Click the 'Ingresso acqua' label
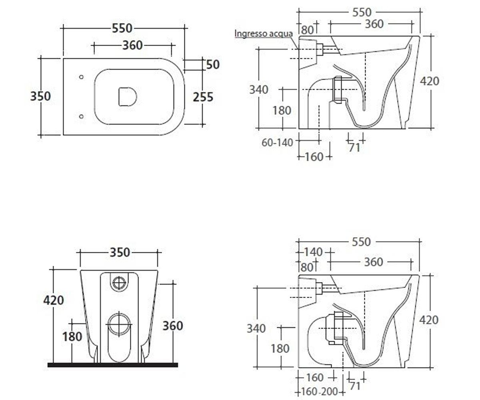[x=264, y=34]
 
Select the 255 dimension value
[x=203, y=97]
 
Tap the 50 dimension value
[x=213, y=64]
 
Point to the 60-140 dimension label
[x=277, y=143]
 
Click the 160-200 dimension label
[x=319, y=392]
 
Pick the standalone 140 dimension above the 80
[x=313, y=252]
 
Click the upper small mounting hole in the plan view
[x=81, y=77]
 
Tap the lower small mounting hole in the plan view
[x=81, y=116]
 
